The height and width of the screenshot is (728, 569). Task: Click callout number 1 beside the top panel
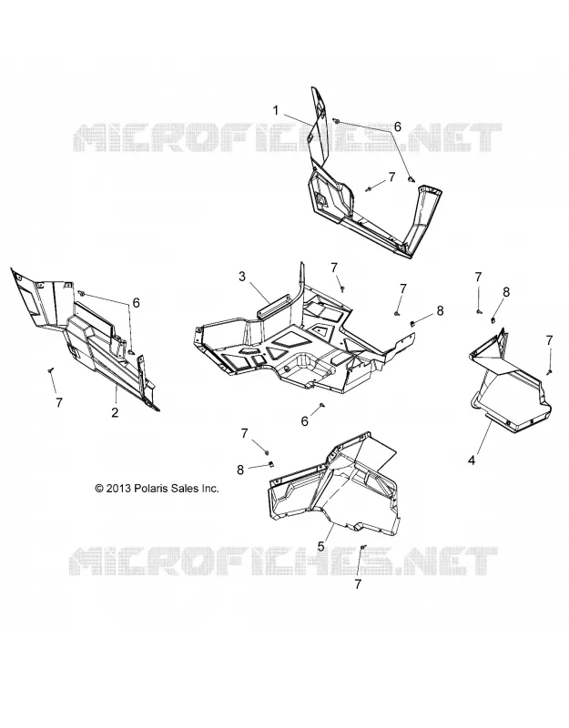coord(276,110)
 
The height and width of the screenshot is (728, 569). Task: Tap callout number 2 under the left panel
coord(115,412)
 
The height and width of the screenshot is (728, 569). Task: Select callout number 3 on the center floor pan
coord(242,277)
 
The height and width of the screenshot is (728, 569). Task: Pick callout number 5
coord(320,547)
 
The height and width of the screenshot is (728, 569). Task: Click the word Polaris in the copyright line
coord(151,488)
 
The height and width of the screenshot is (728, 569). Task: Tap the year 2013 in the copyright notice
coord(119,489)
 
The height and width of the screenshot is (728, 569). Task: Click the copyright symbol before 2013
coord(99,489)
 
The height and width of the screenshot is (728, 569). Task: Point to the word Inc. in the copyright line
coord(210,488)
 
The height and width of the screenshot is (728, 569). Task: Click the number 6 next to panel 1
coord(398,126)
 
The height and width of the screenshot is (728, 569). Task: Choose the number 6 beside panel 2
coord(136,303)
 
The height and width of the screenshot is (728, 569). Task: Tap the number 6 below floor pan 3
coord(305,421)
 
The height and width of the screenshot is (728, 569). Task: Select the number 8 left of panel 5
coord(240,470)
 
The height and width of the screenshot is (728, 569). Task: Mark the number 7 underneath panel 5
coord(358,584)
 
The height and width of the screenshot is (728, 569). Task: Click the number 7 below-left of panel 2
coord(58,402)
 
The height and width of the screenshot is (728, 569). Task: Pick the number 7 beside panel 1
coord(391,177)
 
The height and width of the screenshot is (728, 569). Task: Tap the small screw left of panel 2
coord(51,369)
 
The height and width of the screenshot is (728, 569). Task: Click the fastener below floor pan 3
coord(321,406)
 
